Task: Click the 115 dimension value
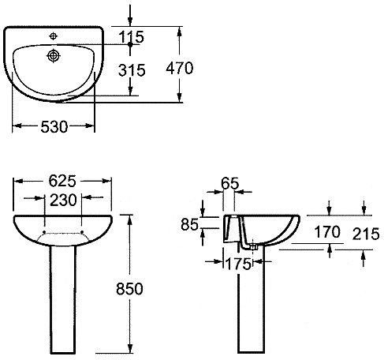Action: [x=132, y=37]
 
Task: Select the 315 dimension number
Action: [x=132, y=70]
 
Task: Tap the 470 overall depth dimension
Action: [x=180, y=68]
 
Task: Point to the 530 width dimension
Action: [x=54, y=126]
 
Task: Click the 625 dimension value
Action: [x=62, y=181]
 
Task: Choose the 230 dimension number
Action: [x=63, y=200]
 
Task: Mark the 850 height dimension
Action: [x=129, y=289]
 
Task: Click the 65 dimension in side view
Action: [x=230, y=183]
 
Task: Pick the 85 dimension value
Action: [x=189, y=225]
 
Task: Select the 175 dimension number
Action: [x=238, y=264]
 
